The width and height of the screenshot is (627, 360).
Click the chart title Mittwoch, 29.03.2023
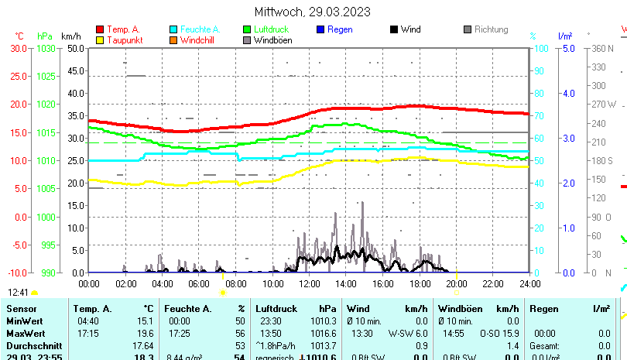312,12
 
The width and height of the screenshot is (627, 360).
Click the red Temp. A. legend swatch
100,29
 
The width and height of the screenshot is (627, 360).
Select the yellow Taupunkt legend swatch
100,40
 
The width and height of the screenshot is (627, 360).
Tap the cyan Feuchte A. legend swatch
173,29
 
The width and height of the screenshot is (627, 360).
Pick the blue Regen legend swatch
320,29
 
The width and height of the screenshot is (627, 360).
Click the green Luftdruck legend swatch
247,29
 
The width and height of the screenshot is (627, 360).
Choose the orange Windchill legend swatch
173,40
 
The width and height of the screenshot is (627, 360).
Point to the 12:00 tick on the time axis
309,284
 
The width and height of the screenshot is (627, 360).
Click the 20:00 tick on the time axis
456,284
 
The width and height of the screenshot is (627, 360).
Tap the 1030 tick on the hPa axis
46,48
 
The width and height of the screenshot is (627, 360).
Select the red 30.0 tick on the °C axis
19,48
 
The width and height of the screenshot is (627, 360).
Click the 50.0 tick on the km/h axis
76,48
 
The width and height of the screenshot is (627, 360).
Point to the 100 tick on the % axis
542,48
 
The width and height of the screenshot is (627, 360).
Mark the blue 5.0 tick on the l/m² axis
567,48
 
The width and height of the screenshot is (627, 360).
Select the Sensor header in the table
22,309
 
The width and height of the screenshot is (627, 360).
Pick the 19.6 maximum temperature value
144,333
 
